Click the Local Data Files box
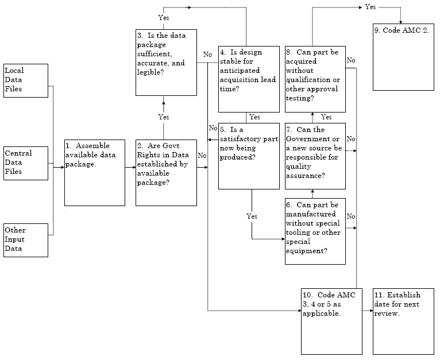click(25, 80)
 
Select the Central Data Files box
click(25, 163)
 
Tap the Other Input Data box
click(25, 239)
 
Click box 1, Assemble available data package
click(94, 172)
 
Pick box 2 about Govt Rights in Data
click(166, 172)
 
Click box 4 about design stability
click(248, 79)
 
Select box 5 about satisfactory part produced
click(248, 156)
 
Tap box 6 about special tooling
click(315, 231)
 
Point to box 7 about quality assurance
click(315, 156)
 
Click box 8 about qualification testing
click(315, 79)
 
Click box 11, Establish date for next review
click(403, 321)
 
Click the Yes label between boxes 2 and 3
click(164, 117)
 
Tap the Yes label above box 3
click(164, 18)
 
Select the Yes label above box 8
click(370, 7)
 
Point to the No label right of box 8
click(351, 60)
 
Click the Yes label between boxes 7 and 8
click(326, 117)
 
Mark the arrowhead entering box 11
click(371, 311)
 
